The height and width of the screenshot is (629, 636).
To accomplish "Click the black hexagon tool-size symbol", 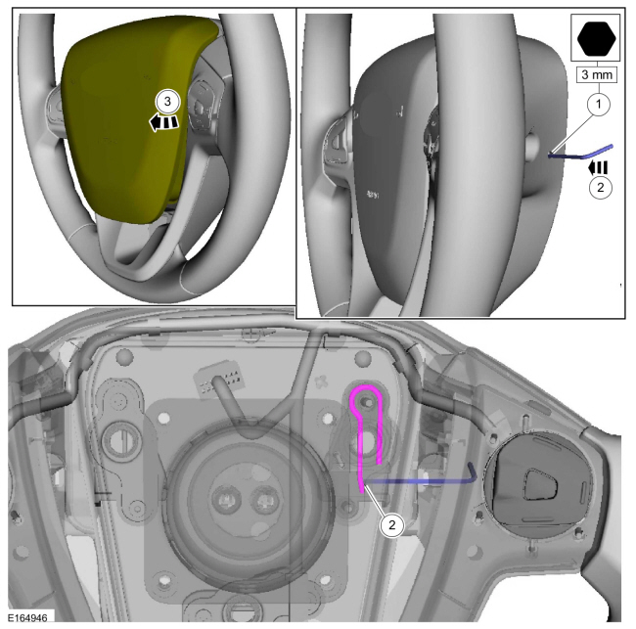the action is tap(596, 38).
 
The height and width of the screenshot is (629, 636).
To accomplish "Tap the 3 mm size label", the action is tap(597, 74).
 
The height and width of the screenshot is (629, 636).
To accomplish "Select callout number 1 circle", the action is tap(599, 105).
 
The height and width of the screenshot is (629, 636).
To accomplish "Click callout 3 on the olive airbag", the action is tap(167, 102).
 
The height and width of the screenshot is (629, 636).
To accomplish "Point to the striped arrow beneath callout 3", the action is tap(163, 121).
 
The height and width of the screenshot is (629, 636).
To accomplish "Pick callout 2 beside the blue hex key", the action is tap(601, 188).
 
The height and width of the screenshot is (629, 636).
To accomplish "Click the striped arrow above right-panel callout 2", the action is tap(598, 167).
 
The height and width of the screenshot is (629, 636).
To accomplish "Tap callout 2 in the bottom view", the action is tap(391, 525).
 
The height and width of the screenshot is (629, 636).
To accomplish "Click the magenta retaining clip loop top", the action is tap(366, 387).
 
